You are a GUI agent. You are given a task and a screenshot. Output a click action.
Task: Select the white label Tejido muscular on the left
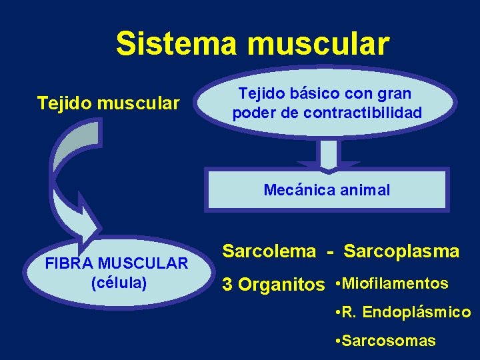108,103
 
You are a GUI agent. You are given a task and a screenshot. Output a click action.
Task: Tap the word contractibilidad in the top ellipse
363,113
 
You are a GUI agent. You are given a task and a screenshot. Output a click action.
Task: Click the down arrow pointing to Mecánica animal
329,155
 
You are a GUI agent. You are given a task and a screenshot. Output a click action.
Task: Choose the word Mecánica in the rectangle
297,190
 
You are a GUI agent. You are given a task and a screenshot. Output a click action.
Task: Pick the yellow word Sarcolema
269,251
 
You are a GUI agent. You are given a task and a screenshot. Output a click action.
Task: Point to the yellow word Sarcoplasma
401,251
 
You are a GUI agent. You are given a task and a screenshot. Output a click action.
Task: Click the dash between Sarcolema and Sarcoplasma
330,252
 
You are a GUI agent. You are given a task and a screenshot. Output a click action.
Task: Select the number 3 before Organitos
227,285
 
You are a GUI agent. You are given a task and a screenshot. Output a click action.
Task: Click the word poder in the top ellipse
253,113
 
